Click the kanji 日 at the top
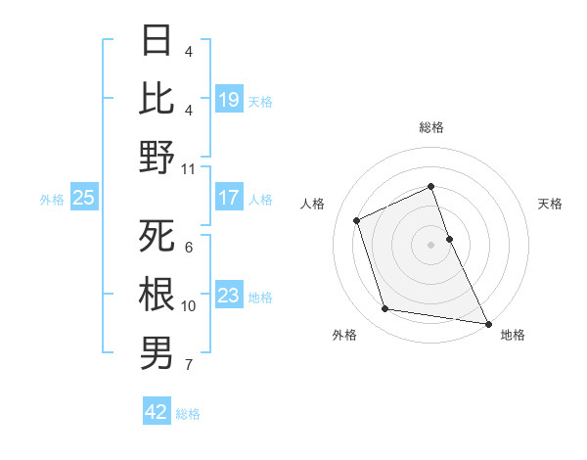[158, 40]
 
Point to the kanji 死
[158, 236]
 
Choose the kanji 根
[158, 295]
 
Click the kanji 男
[158, 352]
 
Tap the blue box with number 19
[229, 99]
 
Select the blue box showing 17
[229, 198]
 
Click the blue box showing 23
[229, 296]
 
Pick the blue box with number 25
[84, 198]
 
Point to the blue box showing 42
[157, 412]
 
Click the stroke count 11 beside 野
[189, 168]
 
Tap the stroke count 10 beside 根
[189, 306]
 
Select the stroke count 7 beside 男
[189, 365]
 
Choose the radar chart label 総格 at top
[430, 127]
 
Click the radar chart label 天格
[551, 204]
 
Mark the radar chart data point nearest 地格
[487, 323]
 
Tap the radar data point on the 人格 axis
[358, 220]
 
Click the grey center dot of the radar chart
[430, 244]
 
